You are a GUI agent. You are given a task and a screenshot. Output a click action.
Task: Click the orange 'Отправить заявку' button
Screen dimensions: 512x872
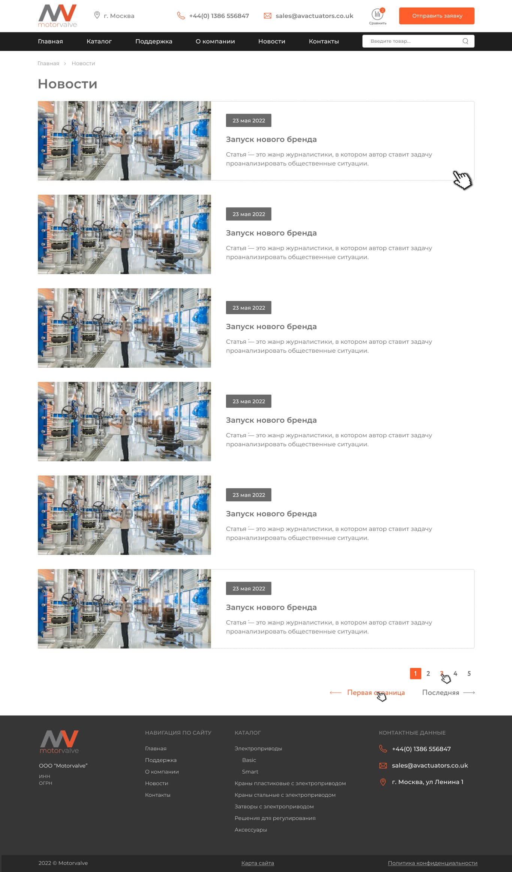437,16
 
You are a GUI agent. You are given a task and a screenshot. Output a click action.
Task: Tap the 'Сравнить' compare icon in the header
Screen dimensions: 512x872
377,16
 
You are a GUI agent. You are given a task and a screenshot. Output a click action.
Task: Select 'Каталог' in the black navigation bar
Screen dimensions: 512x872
99,41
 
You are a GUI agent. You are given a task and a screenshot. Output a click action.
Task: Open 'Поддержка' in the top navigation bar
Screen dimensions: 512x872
154,41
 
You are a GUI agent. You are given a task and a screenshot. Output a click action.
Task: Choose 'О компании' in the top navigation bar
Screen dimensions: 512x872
215,41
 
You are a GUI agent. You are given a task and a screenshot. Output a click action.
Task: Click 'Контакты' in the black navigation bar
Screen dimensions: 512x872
324,41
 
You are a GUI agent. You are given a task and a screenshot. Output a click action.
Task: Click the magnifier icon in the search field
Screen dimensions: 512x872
466,41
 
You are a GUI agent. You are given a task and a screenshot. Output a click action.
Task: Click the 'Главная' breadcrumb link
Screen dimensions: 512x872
48,63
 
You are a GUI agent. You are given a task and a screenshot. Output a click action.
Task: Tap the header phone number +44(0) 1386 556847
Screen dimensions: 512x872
219,16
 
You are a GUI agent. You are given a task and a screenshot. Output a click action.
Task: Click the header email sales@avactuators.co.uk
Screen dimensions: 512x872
314,16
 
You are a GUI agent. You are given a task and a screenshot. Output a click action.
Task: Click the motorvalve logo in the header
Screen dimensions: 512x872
57,16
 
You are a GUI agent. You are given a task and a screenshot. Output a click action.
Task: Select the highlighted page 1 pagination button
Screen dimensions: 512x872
415,673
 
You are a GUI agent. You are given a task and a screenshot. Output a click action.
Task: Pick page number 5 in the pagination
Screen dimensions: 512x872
469,673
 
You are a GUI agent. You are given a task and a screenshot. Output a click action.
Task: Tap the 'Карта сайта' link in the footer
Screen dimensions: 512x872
257,863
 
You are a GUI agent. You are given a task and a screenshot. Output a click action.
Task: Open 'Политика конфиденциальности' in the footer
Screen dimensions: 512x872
433,863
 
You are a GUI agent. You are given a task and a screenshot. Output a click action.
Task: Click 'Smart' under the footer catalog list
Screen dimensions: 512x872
250,772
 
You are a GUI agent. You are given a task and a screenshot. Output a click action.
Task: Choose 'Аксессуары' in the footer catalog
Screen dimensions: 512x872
251,830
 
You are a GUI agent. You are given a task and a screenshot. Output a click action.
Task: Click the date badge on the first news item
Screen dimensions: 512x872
249,121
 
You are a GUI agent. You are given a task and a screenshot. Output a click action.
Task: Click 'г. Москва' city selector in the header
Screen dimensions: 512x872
114,16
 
